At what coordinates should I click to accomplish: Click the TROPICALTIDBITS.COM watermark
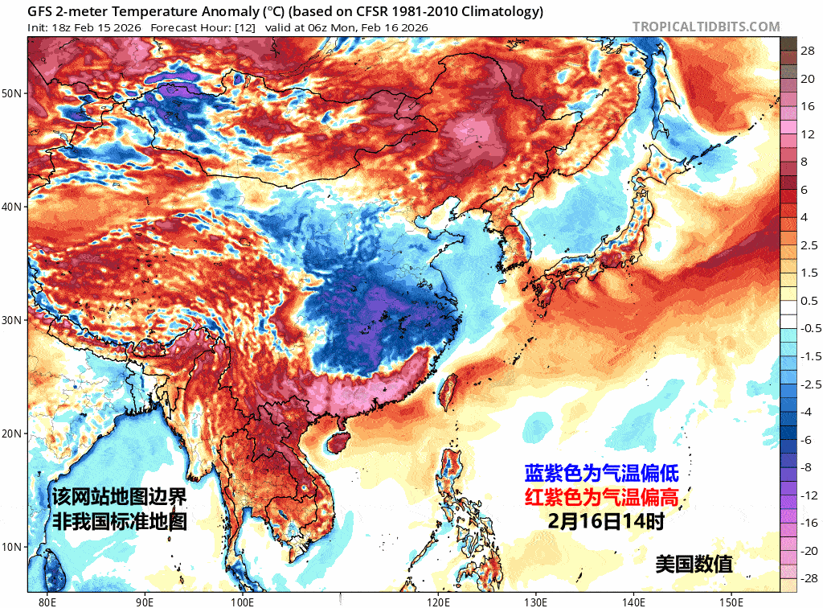(706, 27)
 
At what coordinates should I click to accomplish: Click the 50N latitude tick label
(12, 93)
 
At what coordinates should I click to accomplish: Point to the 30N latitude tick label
(12, 320)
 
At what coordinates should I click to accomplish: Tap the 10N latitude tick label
(12, 547)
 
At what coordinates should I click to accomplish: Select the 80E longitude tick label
(47, 600)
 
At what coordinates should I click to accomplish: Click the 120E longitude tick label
(438, 600)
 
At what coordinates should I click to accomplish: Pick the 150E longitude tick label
(731, 600)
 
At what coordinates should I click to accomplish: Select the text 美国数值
(694, 564)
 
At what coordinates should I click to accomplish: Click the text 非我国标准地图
(120, 520)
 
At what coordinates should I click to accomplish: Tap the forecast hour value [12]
(244, 27)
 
